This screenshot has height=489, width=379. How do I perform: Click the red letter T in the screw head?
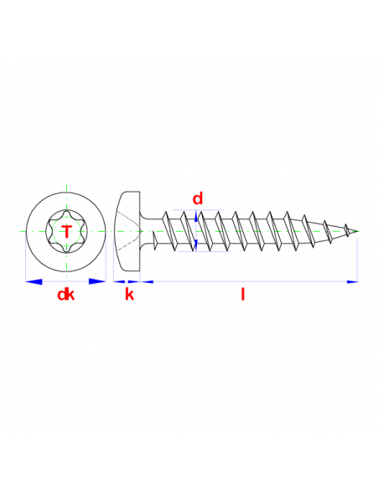point(67,231)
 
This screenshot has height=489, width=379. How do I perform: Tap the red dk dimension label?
point(66,295)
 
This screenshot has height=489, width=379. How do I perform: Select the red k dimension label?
point(129,294)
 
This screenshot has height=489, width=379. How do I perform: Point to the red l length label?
point(243,294)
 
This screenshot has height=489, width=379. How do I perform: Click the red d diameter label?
point(198,198)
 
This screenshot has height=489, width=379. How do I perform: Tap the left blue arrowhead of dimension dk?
point(34,281)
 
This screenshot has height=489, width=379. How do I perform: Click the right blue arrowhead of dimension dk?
point(97,281)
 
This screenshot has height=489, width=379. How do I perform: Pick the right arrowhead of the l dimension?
point(352,282)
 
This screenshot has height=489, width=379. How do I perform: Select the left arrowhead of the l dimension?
point(147,282)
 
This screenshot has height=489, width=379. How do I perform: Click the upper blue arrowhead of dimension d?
point(196,216)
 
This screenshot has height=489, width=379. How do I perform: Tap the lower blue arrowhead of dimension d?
point(196,244)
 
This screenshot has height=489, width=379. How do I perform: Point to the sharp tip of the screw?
point(358,231)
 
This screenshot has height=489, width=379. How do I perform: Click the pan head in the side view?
point(127,231)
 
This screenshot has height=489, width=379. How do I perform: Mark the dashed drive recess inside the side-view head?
point(128,231)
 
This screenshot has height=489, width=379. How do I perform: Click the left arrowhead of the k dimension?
point(119,282)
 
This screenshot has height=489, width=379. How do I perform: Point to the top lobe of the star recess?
point(67,214)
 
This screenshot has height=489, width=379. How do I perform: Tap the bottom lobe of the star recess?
point(67,249)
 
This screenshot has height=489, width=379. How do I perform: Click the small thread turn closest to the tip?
point(346,229)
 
